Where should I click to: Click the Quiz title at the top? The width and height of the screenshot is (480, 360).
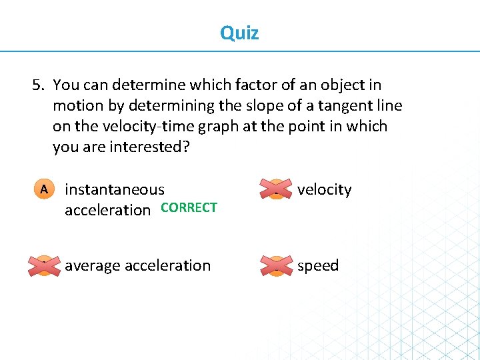tap(239, 33)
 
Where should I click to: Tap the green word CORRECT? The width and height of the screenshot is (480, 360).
tap(189, 207)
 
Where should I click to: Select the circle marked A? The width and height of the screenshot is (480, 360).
tap(43, 189)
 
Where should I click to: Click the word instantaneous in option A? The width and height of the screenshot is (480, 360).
tap(114, 190)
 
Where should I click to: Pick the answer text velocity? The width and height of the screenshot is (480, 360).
tap(324, 189)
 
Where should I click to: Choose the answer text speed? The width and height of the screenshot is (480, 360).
tap(317, 265)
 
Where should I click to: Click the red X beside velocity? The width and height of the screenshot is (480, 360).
tap(276, 189)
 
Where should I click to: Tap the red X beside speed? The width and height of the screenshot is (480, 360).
tap(276, 265)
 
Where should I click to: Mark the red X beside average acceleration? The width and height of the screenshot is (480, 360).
tap(43, 265)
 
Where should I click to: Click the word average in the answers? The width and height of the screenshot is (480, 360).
tap(91, 265)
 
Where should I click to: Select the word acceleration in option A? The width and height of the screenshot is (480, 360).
tap(107, 210)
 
